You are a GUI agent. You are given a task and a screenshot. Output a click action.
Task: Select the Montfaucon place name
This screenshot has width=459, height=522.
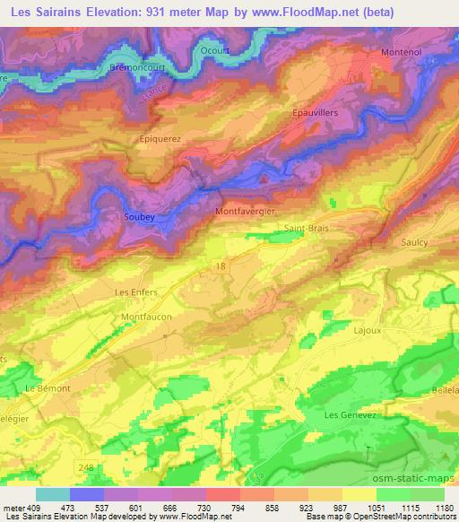tap(146, 317)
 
